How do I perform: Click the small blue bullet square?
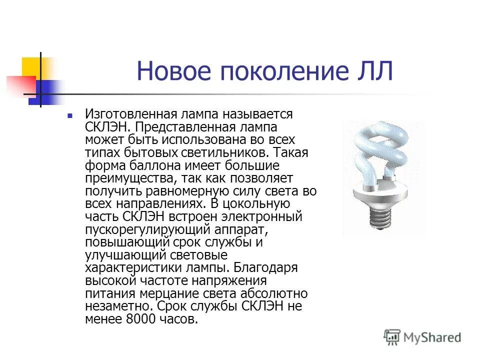pyautogui.click(x=70, y=115)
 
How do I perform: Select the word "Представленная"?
pyautogui.click(x=184, y=127)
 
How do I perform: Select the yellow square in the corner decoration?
pyautogui.click(x=31, y=67)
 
